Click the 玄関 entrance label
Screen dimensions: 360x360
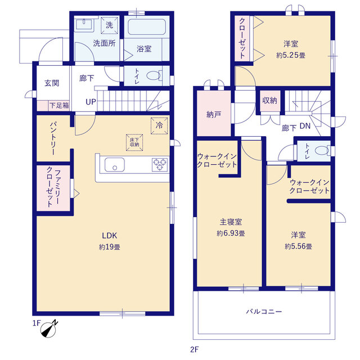pyautogui.click(x=52, y=83)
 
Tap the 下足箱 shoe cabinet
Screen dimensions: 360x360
pyautogui.click(x=58, y=105)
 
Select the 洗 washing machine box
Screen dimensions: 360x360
pyautogui.click(x=109, y=25)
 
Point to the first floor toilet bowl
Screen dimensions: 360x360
pyautogui.click(x=154, y=75)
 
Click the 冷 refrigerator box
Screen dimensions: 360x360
pyautogui.click(x=159, y=125)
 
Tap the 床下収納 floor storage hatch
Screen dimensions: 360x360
pyautogui.click(x=134, y=142)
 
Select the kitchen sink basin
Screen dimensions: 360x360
pyautogui.click(x=115, y=165)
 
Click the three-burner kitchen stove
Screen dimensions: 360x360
pyautogui.click(x=159, y=164)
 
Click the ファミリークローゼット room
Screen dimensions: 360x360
pyautogui.click(x=55, y=187)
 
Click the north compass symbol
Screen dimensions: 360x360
pyautogui.click(x=51, y=328)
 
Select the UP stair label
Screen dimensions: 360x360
pyautogui.click(x=90, y=102)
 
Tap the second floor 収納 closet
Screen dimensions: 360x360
pyautogui.click(x=269, y=101)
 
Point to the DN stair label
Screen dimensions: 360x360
pyautogui.click(x=305, y=127)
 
